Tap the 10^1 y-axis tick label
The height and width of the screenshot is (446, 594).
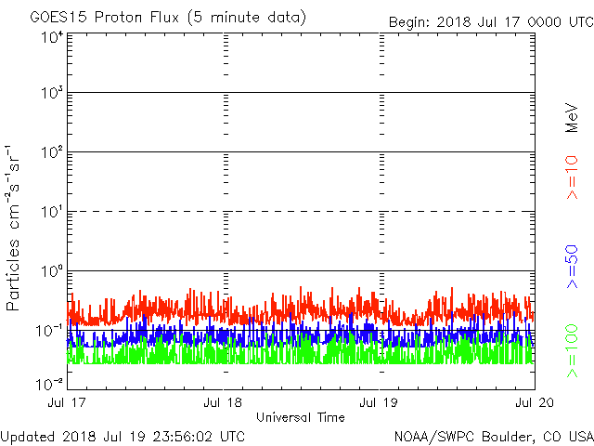(x=51, y=212)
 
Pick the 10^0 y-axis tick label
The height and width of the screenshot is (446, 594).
(x=51, y=271)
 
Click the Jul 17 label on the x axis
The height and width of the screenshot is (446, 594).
(x=67, y=402)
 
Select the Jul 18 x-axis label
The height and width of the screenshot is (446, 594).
(x=224, y=402)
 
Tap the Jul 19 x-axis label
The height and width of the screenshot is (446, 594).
(x=380, y=402)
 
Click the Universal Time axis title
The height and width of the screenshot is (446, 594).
(x=301, y=417)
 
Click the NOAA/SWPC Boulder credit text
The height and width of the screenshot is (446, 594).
(x=493, y=436)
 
